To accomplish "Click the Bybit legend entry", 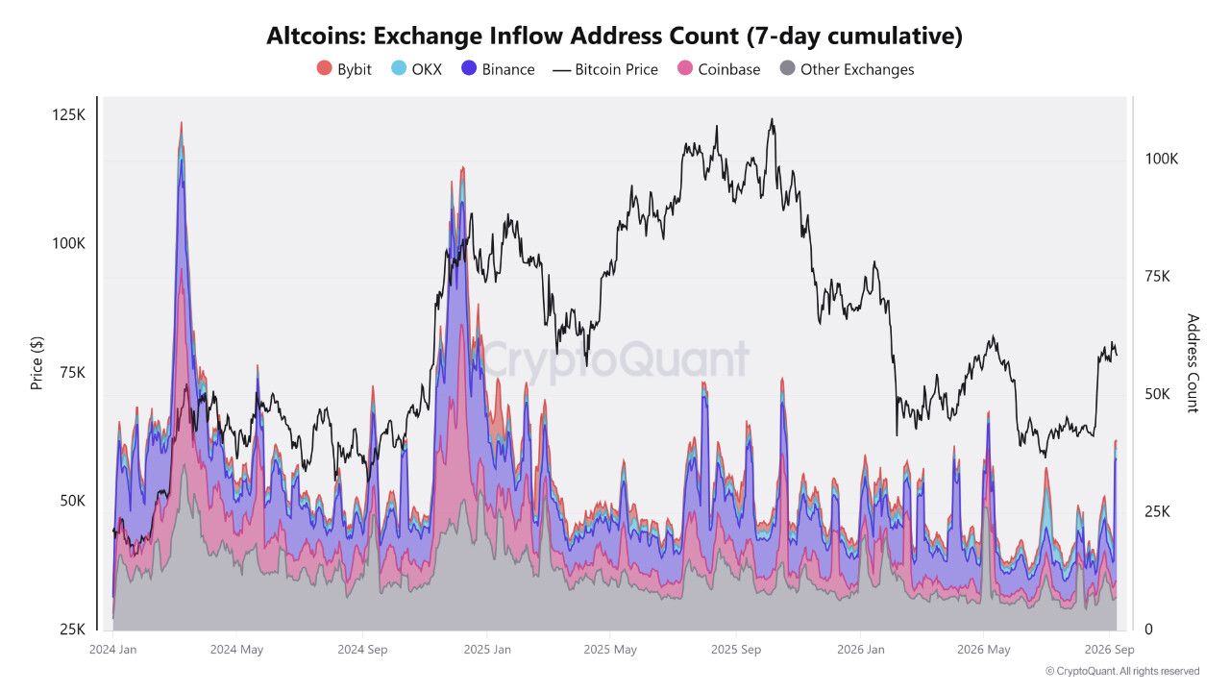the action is coord(344,69).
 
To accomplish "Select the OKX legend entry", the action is coord(416,69).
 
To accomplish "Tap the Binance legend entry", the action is coord(498,69).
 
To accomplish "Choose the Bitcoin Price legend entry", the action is coord(605,70).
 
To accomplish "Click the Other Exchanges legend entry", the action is coord(847,69).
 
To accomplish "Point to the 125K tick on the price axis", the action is coord(68,114).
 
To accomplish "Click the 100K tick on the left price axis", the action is coord(68,243).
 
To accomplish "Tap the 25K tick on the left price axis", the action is coord(72,630).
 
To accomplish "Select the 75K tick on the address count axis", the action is coord(1158,276).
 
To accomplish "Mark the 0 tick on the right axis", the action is coord(1148,630).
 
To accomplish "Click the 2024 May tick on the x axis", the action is coord(236,650).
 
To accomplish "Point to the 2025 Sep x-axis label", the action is coord(736,650).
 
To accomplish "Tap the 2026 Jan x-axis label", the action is coord(860,650).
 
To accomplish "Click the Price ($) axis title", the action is coord(37,363).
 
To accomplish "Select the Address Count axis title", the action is coord(1193,363).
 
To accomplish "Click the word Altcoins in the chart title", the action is coord(317,37).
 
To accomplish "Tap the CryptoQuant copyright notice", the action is coord(1122,671).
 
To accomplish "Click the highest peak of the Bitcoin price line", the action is coord(772,118).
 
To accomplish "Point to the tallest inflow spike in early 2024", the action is coord(182,123).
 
